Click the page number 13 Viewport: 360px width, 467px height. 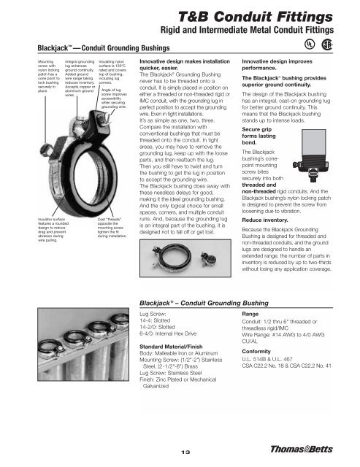(180, 450)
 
